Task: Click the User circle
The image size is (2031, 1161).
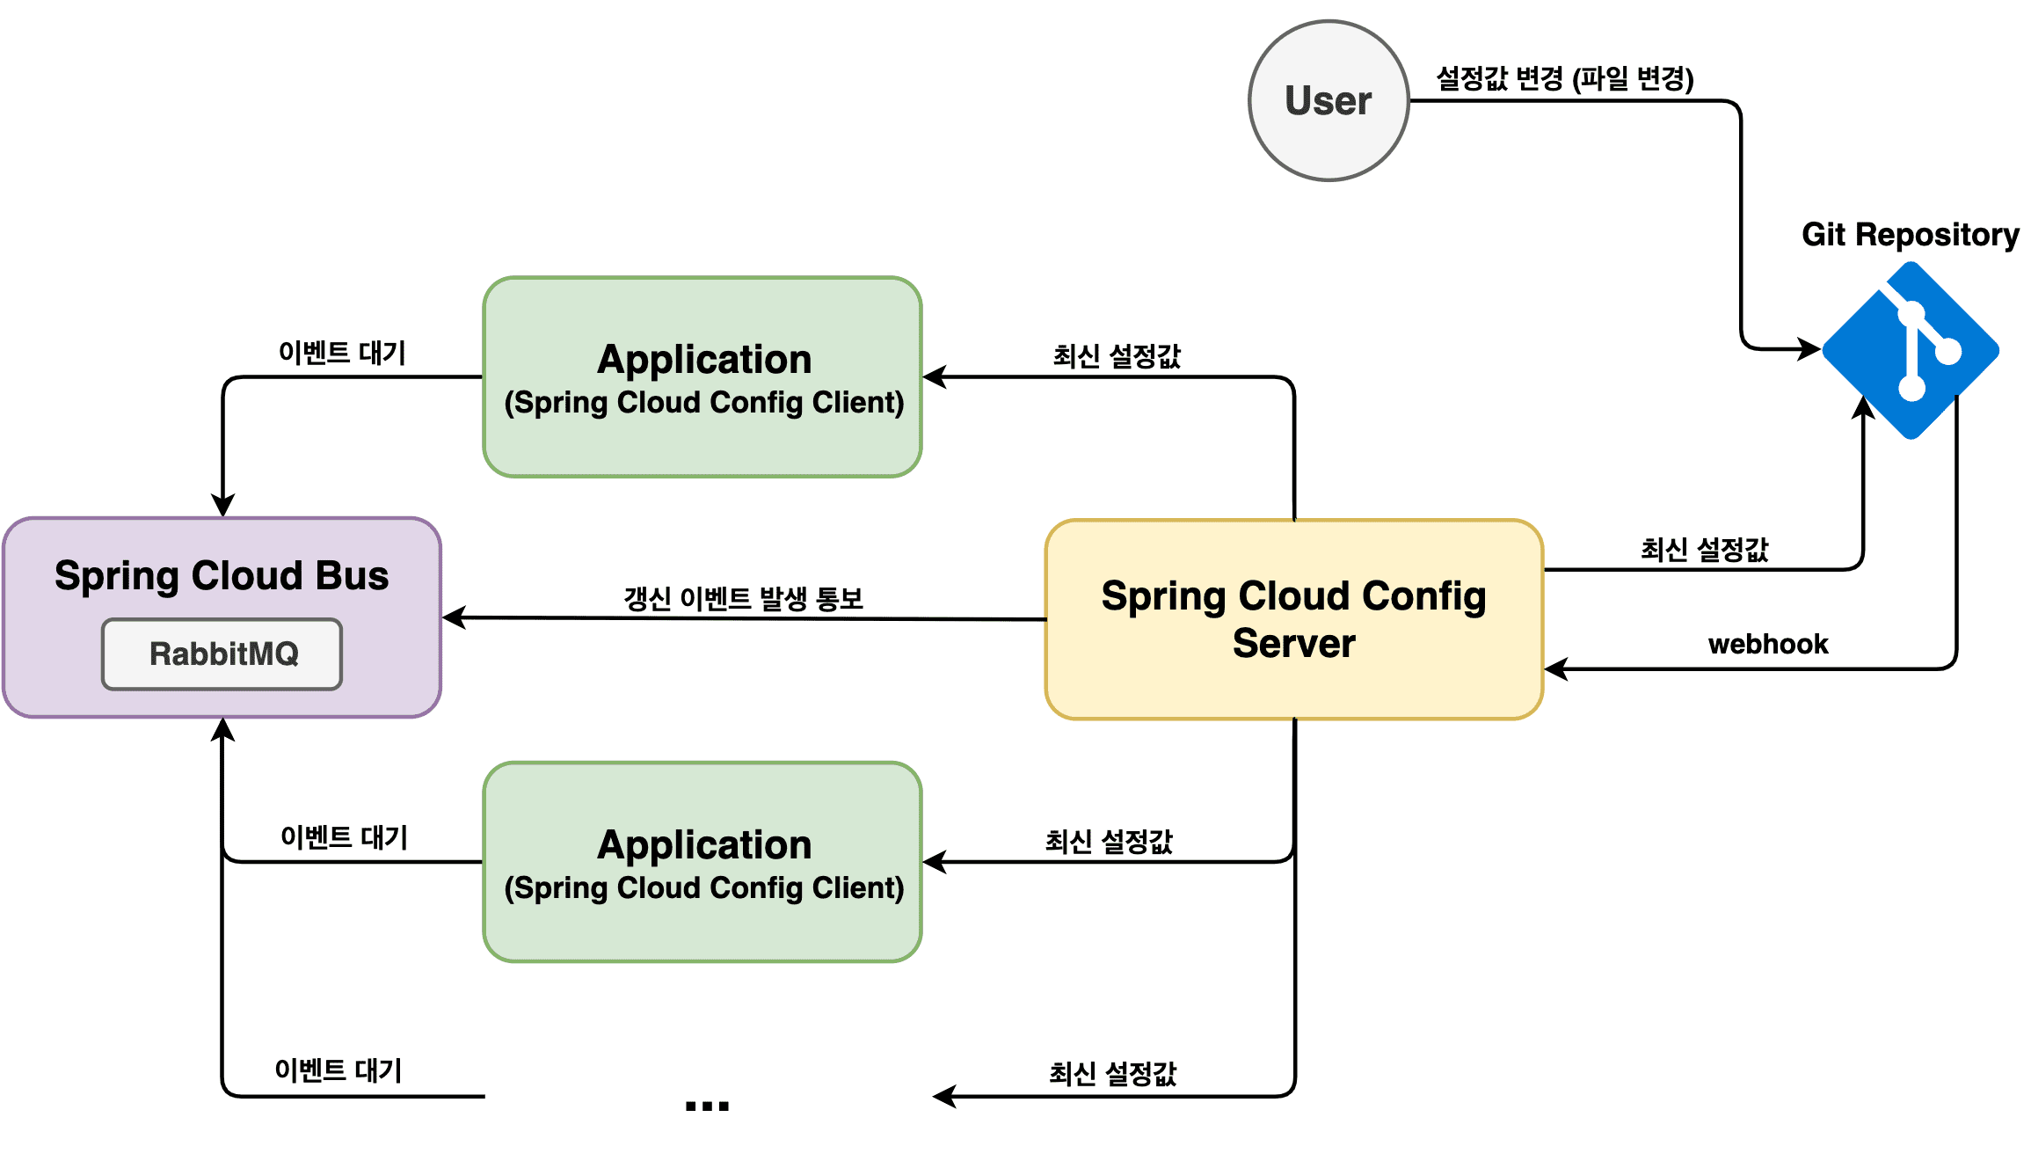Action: (1329, 101)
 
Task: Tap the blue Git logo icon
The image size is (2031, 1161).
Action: (1911, 351)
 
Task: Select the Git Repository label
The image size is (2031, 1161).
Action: (1910, 235)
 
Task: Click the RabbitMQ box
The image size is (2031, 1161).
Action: (222, 654)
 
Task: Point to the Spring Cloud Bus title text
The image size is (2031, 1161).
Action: (222, 576)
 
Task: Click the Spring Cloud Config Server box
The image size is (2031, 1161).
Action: (1293, 619)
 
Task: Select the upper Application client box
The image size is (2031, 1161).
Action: (702, 377)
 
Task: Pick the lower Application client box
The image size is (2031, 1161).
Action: (702, 862)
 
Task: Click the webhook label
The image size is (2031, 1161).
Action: (1767, 644)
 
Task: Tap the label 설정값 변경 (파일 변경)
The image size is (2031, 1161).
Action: (1564, 78)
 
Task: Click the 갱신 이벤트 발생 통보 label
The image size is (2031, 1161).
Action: (743, 598)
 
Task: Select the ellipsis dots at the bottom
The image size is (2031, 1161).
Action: (707, 1106)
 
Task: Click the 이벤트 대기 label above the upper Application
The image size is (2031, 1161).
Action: (342, 353)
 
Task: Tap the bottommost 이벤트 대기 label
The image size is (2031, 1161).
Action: (338, 1070)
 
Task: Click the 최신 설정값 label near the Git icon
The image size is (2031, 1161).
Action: (1704, 550)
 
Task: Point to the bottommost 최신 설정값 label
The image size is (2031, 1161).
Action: (1112, 1073)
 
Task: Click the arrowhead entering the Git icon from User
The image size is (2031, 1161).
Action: (1811, 349)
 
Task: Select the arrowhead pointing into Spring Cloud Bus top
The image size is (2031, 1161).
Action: (223, 507)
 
